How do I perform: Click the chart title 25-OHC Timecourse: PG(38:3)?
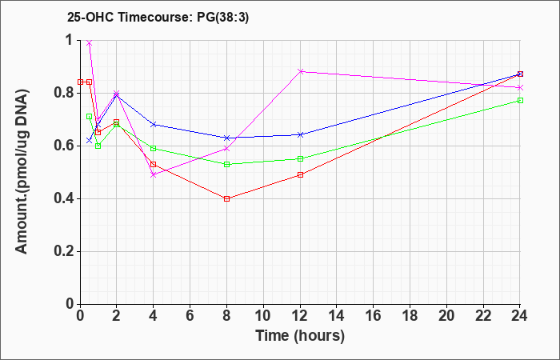click(158, 17)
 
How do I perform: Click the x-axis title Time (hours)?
click(300, 336)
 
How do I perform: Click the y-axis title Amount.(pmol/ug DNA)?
click(22, 172)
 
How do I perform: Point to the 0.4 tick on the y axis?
click(65, 198)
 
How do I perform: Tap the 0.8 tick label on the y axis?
click(65, 94)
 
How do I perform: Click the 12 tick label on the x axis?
click(300, 316)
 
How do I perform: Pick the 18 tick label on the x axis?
click(410, 316)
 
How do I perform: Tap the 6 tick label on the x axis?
click(190, 316)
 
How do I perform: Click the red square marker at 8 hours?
click(226, 198)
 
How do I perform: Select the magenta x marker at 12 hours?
click(300, 71)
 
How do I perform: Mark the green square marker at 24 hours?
click(520, 100)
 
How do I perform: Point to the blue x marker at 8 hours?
click(226, 138)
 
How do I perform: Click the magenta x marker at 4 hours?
click(154, 174)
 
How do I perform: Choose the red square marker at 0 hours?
click(80, 82)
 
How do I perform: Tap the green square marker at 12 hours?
click(300, 158)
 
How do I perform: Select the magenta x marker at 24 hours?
click(520, 87)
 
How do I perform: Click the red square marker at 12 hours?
click(300, 174)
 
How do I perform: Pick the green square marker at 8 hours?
click(226, 164)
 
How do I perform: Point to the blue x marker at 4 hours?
click(154, 124)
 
